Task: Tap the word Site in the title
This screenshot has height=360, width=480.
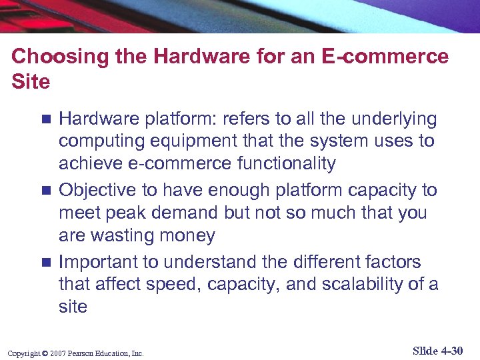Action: pyautogui.click(x=31, y=82)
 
